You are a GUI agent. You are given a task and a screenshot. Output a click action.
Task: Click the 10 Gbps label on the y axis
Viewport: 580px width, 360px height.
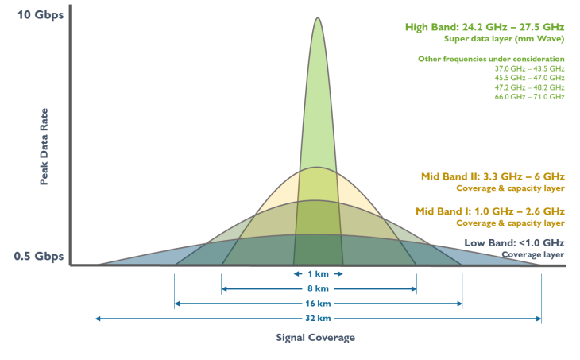point(41,15)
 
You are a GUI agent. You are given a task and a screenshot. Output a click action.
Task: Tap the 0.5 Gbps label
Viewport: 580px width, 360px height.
point(38,257)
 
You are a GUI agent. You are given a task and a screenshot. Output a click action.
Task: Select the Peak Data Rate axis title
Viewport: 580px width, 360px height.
point(44,146)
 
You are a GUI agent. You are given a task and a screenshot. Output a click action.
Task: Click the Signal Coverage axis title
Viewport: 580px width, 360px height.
point(315,338)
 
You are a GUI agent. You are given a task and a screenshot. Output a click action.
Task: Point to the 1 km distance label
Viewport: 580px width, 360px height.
point(318,274)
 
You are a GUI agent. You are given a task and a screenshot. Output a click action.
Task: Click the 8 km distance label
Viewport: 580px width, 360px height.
point(318,288)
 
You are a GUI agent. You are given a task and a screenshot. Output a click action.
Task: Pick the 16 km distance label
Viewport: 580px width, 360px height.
point(318,304)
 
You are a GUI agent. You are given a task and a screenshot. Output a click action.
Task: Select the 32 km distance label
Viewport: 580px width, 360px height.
point(318,319)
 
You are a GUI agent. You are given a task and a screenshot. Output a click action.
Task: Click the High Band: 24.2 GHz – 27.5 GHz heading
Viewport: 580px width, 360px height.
point(485,27)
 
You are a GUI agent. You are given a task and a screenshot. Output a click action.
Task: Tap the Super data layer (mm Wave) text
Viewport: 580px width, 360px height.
point(505,39)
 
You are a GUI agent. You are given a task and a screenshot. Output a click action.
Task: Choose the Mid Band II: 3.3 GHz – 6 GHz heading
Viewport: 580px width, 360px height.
point(493,176)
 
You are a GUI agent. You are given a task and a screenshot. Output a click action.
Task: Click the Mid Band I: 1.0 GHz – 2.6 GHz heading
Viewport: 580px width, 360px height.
point(490,211)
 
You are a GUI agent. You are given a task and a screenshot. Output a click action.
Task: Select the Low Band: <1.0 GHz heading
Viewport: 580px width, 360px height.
point(514,243)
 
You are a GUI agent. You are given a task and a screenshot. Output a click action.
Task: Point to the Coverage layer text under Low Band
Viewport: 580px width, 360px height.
point(533,254)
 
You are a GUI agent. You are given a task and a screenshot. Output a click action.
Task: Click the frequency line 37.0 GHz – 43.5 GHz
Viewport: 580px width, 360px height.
point(530,69)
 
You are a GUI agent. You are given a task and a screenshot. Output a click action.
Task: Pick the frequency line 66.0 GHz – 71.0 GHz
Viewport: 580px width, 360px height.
point(530,97)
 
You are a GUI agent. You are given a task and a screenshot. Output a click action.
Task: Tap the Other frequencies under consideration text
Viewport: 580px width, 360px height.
point(491,59)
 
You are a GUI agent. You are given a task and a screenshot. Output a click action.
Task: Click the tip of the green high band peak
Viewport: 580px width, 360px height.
point(317,17)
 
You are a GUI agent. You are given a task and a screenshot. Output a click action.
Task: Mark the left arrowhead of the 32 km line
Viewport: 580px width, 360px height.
point(98,319)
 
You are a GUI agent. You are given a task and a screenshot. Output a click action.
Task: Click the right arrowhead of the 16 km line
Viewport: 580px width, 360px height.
point(460,304)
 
